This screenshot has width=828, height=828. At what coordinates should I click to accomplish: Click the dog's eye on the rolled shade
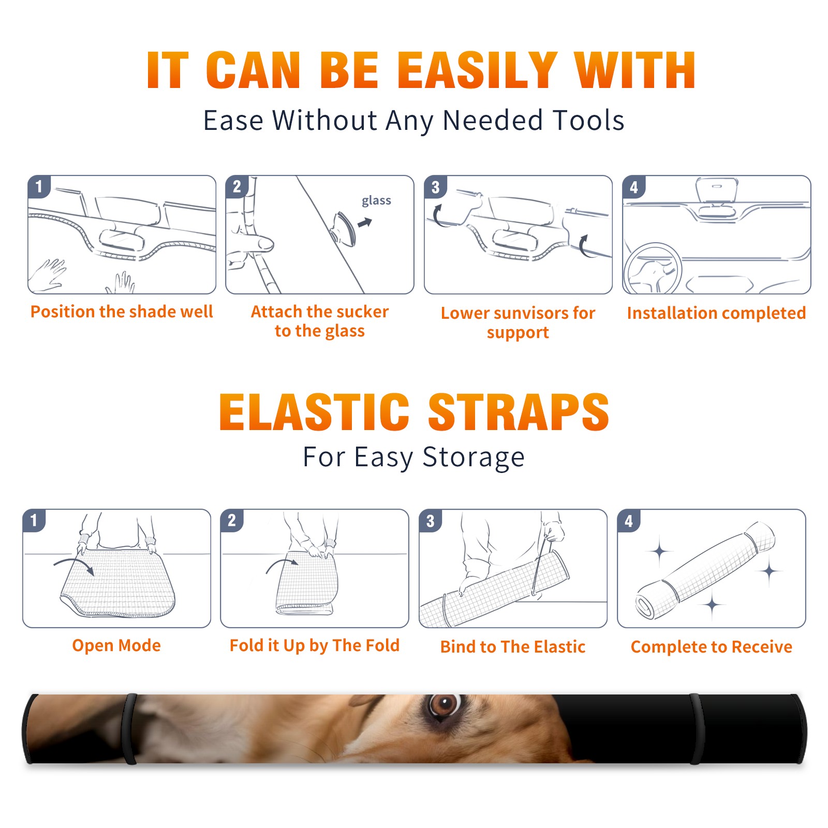444,705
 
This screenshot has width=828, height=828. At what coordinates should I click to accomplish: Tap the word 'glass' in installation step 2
376,201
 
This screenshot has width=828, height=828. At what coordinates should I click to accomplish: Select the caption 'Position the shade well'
122,312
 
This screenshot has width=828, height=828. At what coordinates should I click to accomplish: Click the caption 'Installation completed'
716,313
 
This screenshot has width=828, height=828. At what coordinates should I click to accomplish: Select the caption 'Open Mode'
116,645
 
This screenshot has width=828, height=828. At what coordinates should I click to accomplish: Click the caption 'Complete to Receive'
712,647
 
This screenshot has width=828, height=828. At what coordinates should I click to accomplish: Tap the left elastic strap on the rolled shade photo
130,729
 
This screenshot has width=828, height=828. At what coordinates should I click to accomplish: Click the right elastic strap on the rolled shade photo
696,729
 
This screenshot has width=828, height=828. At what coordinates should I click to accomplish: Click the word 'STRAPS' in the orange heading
519,412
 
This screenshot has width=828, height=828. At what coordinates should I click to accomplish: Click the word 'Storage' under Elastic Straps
474,457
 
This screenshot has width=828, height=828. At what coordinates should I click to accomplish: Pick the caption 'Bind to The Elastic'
513,647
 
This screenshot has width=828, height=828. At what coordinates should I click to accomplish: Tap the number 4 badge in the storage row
629,521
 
